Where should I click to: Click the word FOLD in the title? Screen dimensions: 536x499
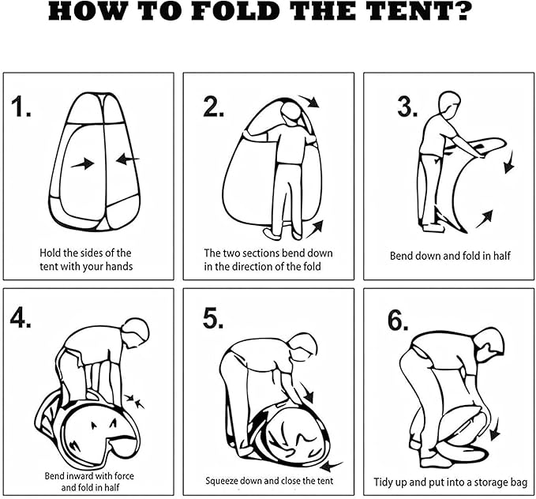pos(235,11)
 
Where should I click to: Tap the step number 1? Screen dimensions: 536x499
pos(21,107)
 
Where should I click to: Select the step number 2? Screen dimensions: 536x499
pos(214,107)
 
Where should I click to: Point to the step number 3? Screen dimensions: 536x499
pos(407,107)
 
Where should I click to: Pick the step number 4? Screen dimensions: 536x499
pos(21,317)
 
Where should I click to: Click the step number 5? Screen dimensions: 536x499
pos(213,318)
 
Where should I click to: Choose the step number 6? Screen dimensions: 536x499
pos(398,321)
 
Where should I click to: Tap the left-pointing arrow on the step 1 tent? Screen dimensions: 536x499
pos(128,159)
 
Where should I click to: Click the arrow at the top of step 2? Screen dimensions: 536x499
pos(309,101)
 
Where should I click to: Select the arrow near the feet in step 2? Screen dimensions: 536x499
pos(315,229)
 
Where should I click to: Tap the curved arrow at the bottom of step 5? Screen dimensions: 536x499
pos(331,466)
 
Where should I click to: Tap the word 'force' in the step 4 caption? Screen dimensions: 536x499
pos(124,476)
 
